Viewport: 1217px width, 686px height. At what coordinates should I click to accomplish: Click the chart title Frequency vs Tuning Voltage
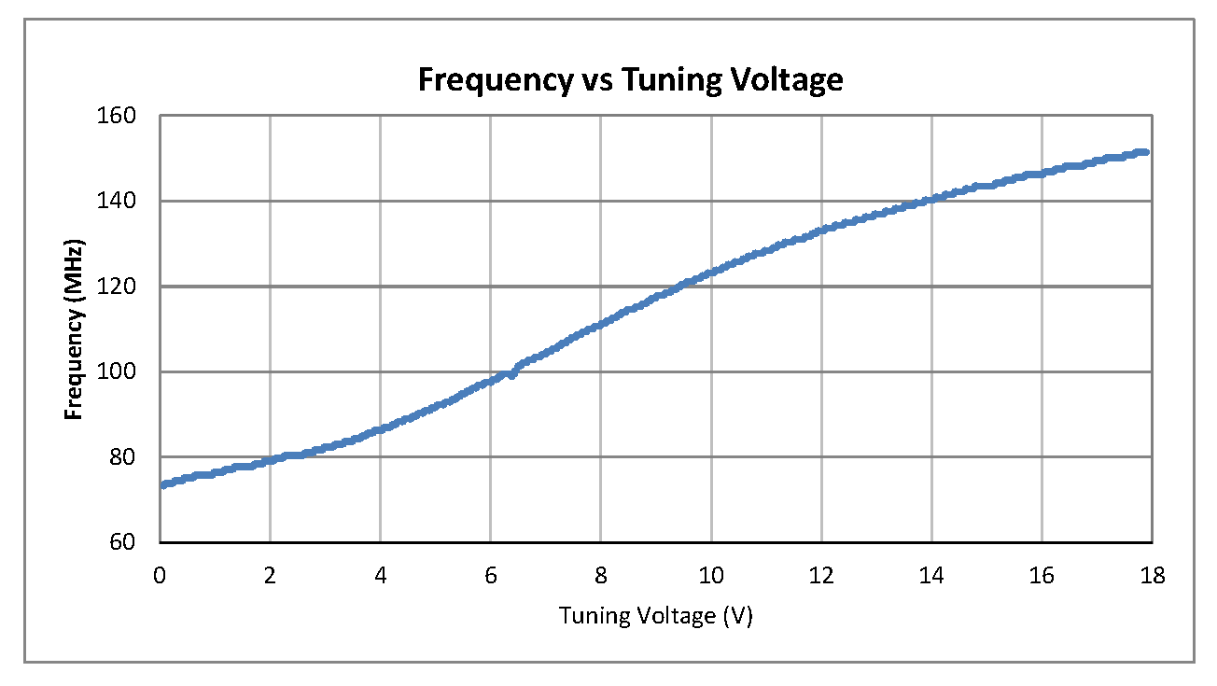click(630, 80)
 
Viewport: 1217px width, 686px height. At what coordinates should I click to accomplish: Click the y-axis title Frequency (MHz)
click(75, 331)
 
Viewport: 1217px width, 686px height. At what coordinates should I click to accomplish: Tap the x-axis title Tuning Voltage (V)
click(655, 617)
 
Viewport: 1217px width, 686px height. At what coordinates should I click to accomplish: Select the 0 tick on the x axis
click(161, 576)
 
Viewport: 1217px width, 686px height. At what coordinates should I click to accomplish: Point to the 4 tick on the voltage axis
click(381, 576)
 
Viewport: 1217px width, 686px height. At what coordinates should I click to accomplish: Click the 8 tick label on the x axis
click(601, 576)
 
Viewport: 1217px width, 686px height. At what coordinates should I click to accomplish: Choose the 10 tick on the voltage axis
click(711, 576)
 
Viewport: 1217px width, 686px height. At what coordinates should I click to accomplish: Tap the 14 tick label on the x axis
click(931, 576)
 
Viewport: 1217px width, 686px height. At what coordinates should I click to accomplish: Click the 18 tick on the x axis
click(1152, 576)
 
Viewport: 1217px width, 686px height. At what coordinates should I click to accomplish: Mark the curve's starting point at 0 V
click(161, 485)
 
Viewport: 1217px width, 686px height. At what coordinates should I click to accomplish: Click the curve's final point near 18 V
click(1145, 151)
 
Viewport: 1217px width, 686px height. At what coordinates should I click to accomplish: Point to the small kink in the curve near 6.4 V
click(512, 373)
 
